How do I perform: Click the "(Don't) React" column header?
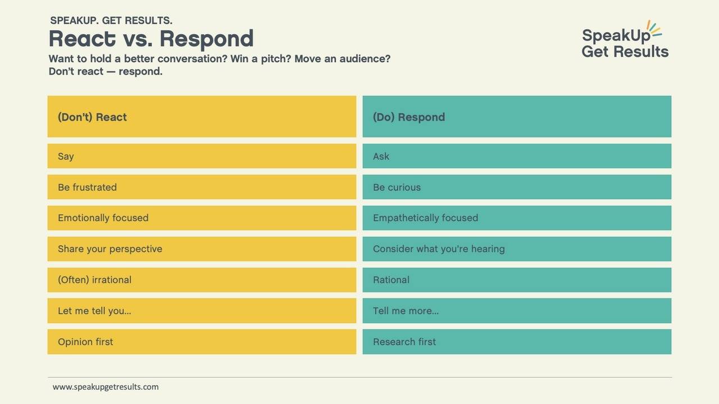click(202, 117)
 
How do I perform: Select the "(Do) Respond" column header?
click(517, 117)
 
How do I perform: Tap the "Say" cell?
click(202, 156)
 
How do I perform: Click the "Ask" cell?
click(517, 156)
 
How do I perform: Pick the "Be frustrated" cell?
click(202, 187)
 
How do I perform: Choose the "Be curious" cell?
click(517, 187)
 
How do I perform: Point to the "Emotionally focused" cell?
click(202, 218)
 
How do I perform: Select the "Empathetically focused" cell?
click(517, 218)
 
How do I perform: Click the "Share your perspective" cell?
click(202, 249)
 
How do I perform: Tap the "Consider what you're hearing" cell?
click(517, 249)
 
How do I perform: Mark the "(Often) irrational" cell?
click(202, 279)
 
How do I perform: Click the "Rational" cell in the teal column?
click(517, 279)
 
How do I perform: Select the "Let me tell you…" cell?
click(202, 310)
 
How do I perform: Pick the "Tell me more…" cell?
click(517, 310)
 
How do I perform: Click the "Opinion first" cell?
click(202, 341)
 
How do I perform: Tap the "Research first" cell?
click(517, 341)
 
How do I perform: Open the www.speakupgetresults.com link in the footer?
click(106, 387)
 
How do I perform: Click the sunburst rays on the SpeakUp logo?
click(654, 29)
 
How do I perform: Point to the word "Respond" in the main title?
click(206, 39)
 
